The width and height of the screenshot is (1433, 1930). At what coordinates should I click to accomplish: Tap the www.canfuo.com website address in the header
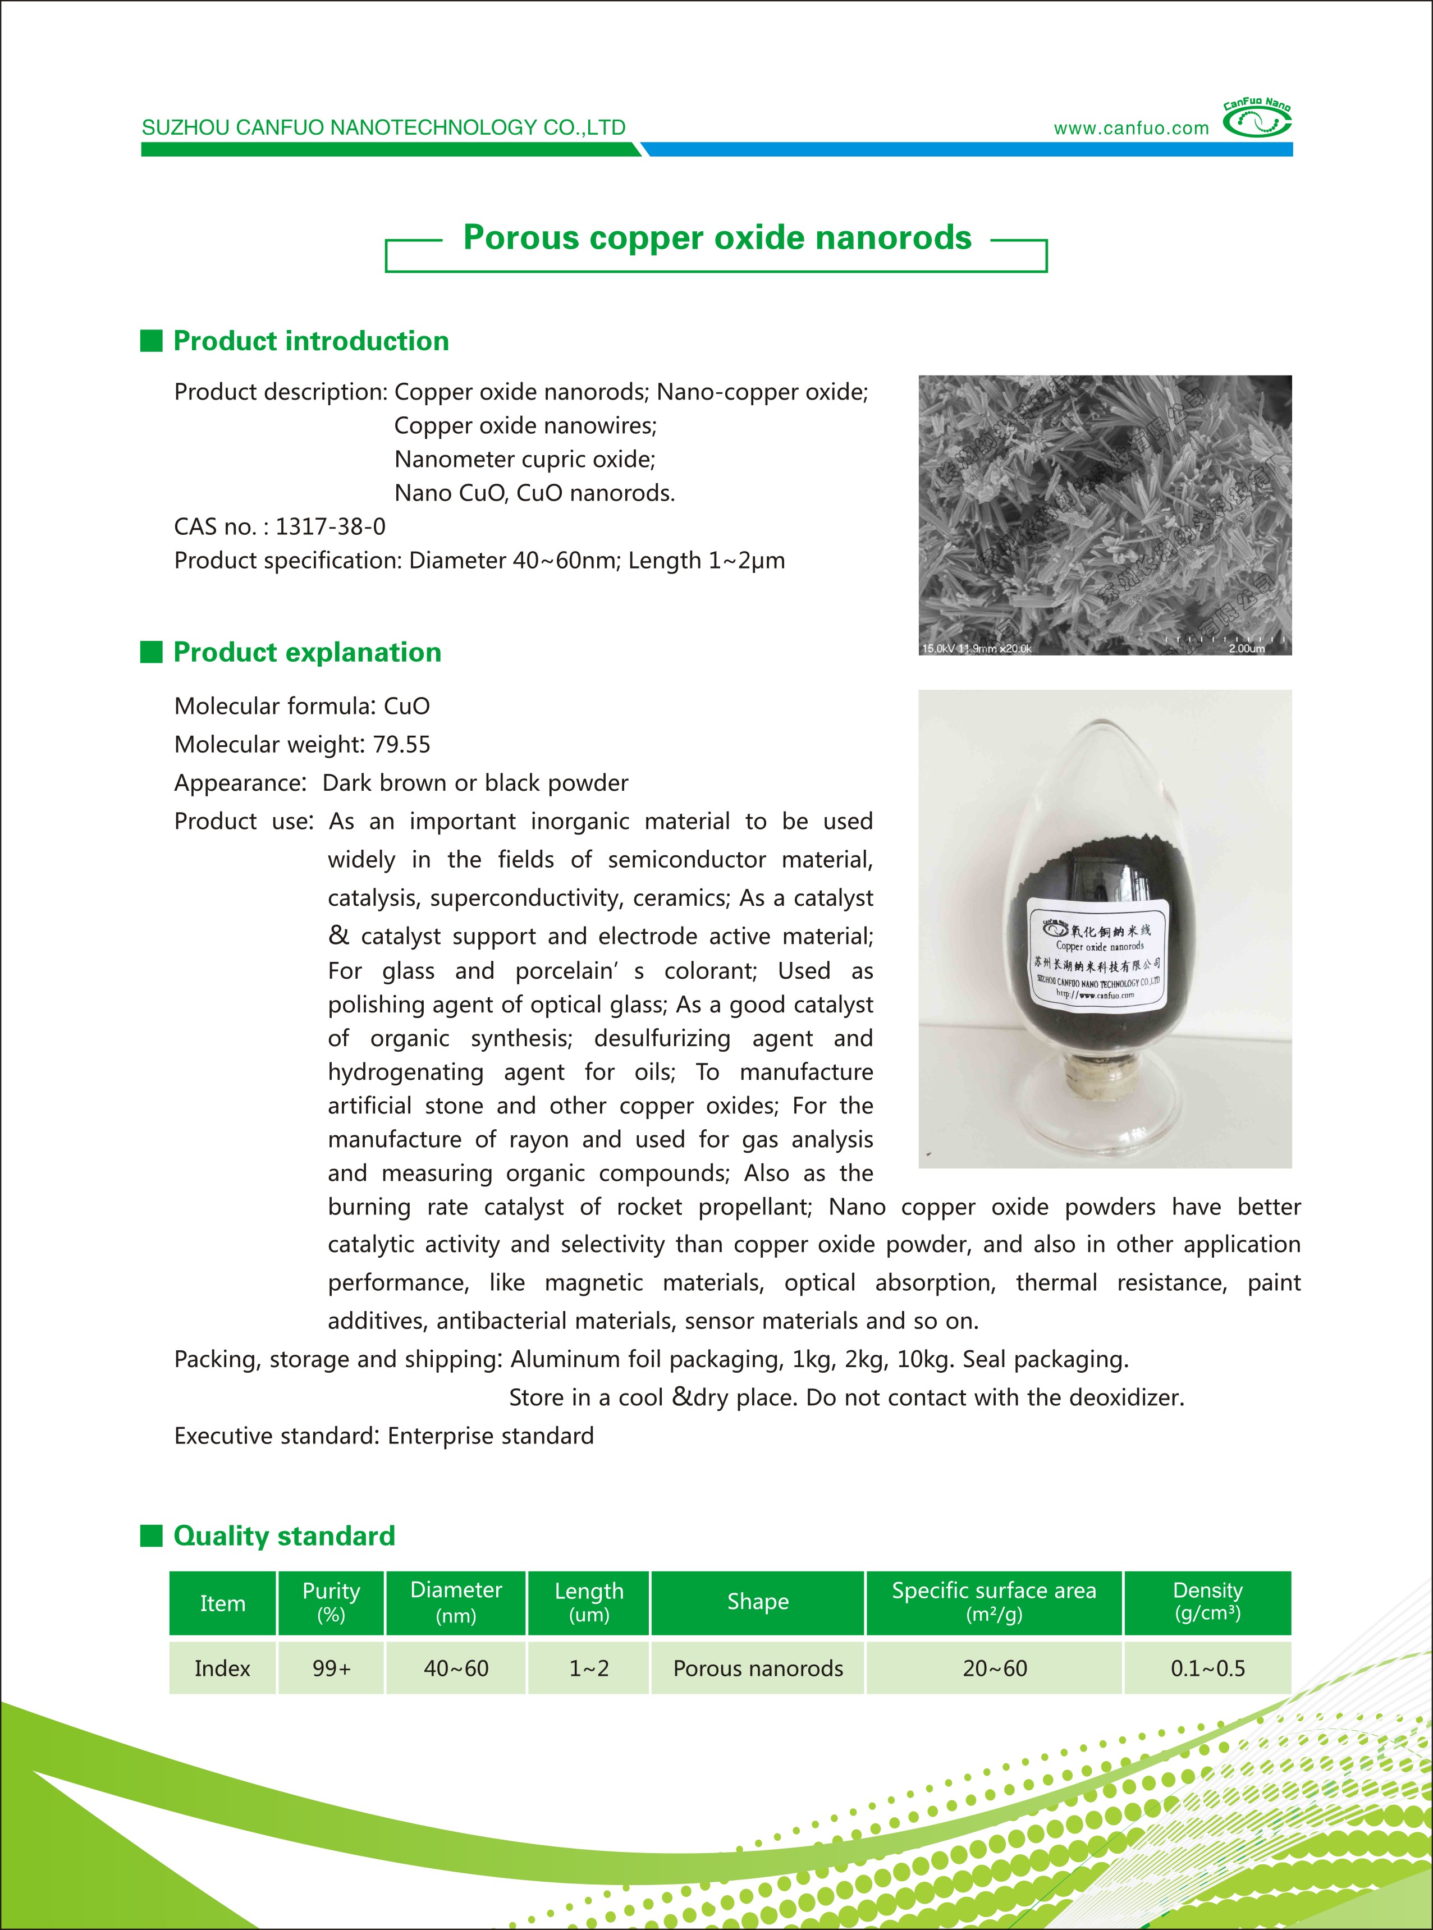[1130, 129]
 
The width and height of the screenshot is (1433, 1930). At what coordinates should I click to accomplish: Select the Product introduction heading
[310, 341]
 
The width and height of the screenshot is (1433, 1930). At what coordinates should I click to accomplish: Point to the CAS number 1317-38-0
[331, 526]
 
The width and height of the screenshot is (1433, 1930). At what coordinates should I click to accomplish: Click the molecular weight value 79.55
[402, 744]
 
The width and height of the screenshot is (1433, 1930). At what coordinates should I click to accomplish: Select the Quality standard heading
[283, 1535]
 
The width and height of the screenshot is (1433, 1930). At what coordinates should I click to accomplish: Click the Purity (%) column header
[331, 1602]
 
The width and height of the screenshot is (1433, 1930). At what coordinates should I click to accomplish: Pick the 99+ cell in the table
[331, 1668]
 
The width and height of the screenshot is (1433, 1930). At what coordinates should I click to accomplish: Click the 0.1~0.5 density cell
[1207, 1668]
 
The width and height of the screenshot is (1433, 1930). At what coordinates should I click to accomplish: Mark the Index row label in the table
[222, 1668]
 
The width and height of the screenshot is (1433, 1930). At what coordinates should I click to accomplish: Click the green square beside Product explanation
[152, 652]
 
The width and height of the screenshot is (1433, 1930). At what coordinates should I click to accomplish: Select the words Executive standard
[273, 1437]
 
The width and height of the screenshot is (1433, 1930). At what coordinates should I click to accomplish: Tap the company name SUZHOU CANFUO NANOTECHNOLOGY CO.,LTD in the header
[383, 127]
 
